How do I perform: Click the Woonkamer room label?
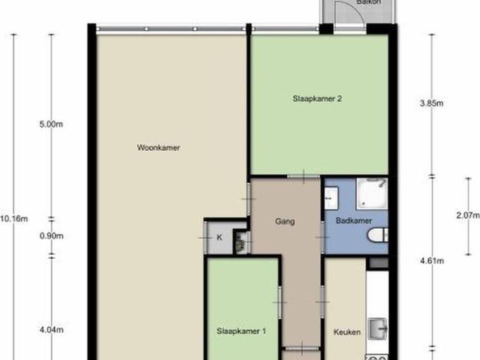[158, 148]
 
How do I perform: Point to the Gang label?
[284, 221]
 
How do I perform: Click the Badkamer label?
[355, 221]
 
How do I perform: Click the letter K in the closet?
[220, 238]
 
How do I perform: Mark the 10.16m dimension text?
[14, 219]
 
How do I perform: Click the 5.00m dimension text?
[51, 125]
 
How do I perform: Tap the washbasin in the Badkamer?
[331, 199]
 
